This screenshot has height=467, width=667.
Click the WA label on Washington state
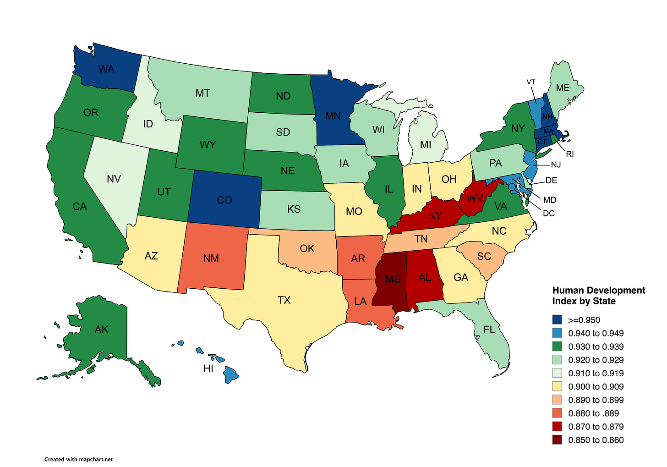[x=106, y=69]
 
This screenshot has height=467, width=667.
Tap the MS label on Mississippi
[x=393, y=279]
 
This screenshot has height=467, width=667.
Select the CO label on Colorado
[x=224, y=200]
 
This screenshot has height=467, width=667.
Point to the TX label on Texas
[x=284, y=300]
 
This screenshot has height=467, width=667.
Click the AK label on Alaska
[x=102, y=330]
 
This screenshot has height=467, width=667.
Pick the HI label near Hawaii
[x=208, y=368]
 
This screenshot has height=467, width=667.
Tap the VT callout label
[x=531, y=82]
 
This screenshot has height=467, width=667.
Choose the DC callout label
[x=549, y=214]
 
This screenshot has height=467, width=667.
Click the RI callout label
[x=570, y=154]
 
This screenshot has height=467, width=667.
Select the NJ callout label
[x=556, y=165]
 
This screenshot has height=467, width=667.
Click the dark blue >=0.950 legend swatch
[x=558, y=320]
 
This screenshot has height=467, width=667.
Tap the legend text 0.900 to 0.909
[x=596, y=387]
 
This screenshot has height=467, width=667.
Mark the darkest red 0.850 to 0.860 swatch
[x=558, y=440]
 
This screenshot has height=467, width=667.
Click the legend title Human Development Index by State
[x=598, y=296]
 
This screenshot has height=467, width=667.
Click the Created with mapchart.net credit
[x=78, y=459]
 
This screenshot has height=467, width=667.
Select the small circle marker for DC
[x=511, y=186]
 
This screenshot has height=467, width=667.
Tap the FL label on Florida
[x=489, y=330]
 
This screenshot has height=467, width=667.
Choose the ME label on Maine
[x=563, y=88]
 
